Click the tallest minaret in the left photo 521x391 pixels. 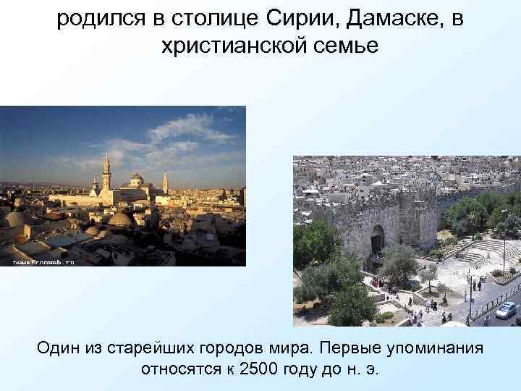coord(106,174)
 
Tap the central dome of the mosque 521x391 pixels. coord(137,179)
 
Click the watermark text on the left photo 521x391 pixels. coord(43,261)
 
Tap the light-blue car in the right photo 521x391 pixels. coord(507,310)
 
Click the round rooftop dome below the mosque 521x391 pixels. coord(120,219)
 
